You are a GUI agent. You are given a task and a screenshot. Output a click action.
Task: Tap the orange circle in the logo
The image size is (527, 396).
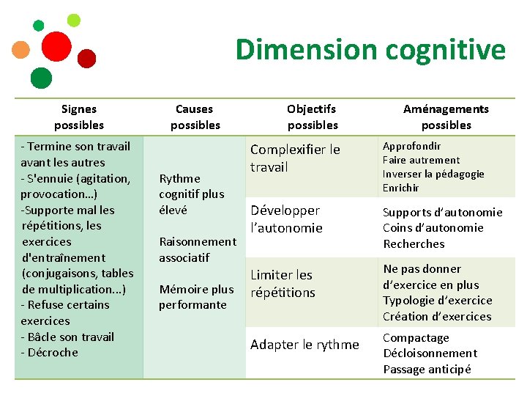click(21, 50)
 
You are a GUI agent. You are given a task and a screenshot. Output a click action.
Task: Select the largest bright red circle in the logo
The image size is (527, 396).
click(56, 46)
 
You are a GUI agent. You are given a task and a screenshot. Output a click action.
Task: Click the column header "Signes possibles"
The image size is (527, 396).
click(79, 117)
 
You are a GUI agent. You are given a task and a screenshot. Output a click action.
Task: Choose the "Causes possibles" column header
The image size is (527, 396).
click(195, 117)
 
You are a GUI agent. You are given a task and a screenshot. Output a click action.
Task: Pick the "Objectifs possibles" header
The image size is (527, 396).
click(312, 117)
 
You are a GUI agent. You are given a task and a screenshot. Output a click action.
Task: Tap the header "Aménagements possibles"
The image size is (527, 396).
click(446, 117)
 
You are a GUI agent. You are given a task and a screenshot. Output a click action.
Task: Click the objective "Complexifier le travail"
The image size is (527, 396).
click(295, 158)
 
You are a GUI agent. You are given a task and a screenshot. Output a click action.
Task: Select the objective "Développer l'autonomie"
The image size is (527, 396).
click(286, 219)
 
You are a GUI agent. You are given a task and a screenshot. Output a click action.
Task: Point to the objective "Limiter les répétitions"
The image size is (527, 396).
click(283, 284)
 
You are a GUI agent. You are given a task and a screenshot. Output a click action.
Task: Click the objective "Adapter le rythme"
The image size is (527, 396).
click(304, 345)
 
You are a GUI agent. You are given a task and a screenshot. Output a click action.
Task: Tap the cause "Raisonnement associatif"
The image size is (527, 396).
click(197, 249)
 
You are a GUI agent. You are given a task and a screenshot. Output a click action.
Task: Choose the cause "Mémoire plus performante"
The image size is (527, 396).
click(196, 297)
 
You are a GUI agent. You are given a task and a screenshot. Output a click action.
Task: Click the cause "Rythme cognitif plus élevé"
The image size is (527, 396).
click(191, 194)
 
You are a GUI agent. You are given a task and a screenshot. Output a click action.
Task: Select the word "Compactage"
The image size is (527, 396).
click(416, 338)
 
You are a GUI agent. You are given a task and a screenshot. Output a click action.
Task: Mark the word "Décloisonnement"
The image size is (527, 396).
click(430, 353)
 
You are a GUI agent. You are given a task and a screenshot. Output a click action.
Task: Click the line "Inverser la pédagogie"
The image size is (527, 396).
click(433, 174)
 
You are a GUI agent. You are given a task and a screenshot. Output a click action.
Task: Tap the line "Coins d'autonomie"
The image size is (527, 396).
click(433, 228)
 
